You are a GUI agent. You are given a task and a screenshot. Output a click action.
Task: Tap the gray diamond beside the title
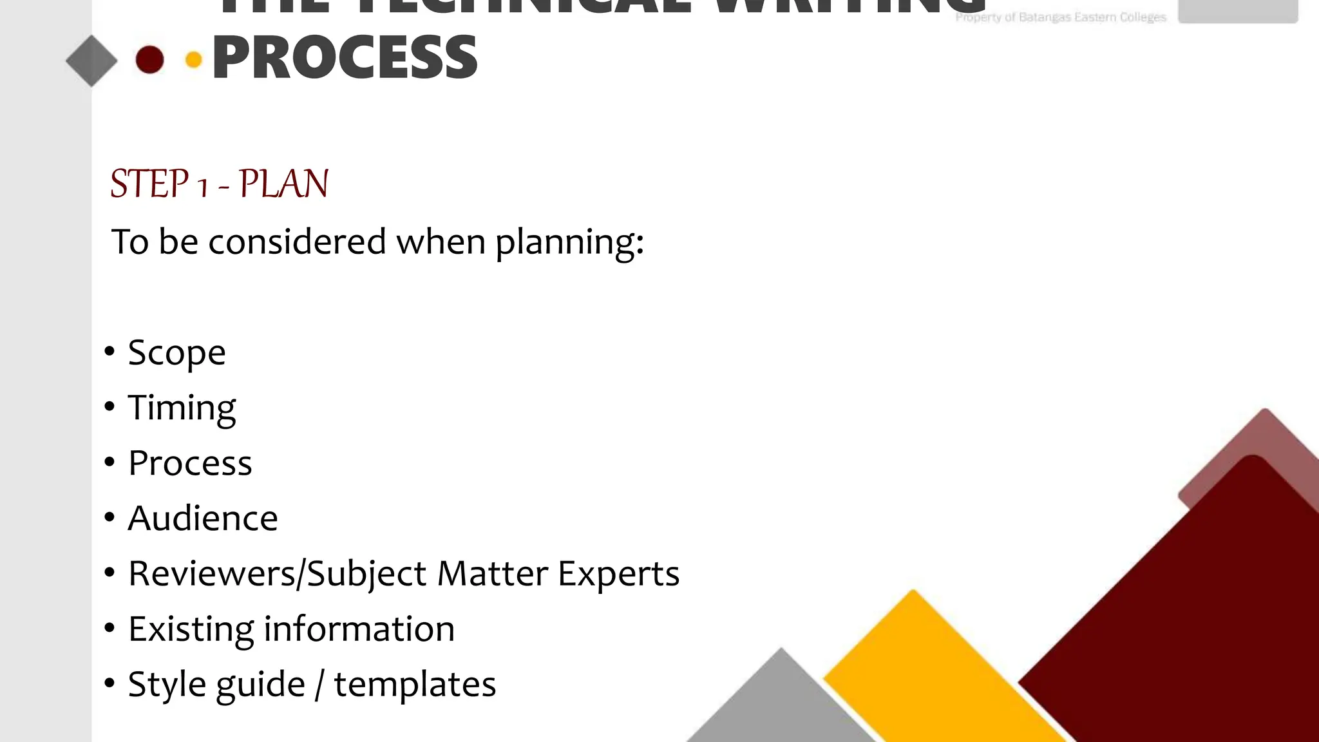click(x=91, y=61)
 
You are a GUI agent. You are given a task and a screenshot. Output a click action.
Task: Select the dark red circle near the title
click(x=149, y=60)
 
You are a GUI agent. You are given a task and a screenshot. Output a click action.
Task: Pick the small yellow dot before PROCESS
click(x=193, y=60)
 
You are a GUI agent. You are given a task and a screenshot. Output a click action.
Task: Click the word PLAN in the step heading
click(x=284, y=184)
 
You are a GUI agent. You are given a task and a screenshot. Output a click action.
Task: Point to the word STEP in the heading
click(x=149, y=184)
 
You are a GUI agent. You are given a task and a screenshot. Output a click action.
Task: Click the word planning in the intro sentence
click(x=569, y=243)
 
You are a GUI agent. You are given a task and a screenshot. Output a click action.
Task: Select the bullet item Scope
click(x=176, y=353)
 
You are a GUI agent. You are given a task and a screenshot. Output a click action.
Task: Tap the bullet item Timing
click(x=182, y=408)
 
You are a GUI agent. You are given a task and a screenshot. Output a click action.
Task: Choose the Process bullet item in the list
click(x=190, y=463)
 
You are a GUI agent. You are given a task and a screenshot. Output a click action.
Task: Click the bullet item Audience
click(x=203, y=518)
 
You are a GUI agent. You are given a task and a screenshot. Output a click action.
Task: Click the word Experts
click(x=618, y=574)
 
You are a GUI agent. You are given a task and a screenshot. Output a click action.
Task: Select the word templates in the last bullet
click(x=415, y=684)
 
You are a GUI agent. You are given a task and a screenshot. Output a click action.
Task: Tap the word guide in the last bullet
click(x=260, y=685)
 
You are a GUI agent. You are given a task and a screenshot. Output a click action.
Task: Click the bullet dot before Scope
click(x=109, y=352)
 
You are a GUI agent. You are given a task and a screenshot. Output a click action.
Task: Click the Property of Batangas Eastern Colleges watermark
click(x=1060, y=17)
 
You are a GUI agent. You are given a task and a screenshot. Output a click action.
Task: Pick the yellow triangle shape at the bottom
click(x=927, y=670)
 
